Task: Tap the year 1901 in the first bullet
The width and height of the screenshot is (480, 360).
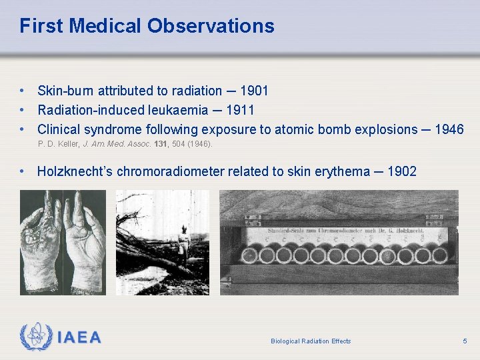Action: pos(254,91)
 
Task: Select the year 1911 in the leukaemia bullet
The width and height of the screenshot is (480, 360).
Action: pos(240,110)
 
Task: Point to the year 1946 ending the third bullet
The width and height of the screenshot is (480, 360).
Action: pos(449,129)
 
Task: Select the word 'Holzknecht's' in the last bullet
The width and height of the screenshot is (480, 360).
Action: pos(75,171)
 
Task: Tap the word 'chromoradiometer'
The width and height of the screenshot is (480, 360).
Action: pos(171,171)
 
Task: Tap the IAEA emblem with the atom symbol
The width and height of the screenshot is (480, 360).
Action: pos(35,337)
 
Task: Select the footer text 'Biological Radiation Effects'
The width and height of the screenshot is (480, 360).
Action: pos(311,341)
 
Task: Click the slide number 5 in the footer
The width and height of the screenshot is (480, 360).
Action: pos(465,341)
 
